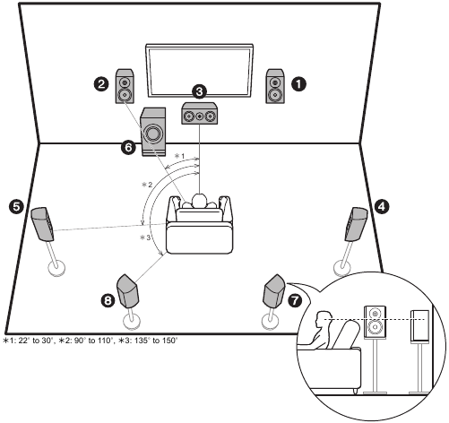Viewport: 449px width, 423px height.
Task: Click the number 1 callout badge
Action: coord(298,84)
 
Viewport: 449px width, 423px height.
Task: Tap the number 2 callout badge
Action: coord(101,84)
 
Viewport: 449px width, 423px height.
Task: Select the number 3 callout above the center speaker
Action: coord(199,91)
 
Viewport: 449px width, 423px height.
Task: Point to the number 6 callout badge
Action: coord(128,147)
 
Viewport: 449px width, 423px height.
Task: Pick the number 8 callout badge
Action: coord(108,300)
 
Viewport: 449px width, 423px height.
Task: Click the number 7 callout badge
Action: coord(295,300)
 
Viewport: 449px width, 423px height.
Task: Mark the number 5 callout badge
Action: coord(16,206)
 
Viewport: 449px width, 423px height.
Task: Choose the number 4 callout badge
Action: coord(382,206)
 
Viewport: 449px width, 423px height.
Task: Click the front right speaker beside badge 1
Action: coord(275,86)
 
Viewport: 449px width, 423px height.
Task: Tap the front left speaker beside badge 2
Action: coord(125,86)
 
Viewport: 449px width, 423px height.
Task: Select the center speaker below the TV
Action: coord(200,113)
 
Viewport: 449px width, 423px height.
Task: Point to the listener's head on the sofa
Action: coord(200,201)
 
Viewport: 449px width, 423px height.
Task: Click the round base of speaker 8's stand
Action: coord(132,321)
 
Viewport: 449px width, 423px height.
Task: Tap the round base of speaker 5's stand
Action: coord(56,268)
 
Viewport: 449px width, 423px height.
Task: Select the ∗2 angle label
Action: coord(147,185)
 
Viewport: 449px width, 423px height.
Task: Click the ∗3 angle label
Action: coord(145,237)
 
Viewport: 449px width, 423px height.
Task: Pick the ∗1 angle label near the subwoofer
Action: coord(179,156)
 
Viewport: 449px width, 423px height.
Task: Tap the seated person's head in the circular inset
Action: coord(324,318)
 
